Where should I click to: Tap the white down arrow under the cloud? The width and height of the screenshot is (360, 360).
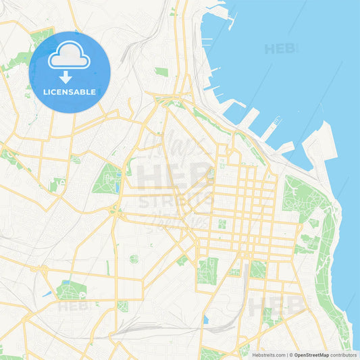point(66,77)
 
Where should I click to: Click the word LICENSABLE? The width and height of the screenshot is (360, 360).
point(70,91)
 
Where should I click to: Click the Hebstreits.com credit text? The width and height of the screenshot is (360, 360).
point(269,355)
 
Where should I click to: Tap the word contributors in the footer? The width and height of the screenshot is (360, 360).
point(343,355)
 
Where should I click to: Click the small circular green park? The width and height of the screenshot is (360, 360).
point(134,259)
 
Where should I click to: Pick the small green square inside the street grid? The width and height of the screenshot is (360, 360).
point(222,224)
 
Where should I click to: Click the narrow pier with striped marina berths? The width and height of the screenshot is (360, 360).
point(271,128)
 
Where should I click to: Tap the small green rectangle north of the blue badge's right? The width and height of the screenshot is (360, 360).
point(161,71)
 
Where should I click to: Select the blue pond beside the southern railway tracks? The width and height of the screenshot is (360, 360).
point(205,319)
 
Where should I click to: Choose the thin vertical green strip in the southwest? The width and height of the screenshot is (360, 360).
point(107,267)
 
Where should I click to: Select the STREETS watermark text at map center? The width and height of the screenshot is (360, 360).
point(177,201)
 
